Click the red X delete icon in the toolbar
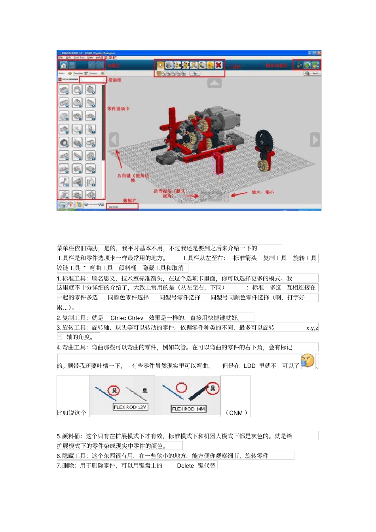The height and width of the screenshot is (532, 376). tap(218, 65)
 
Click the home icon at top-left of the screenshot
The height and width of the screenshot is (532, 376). tap(63, 65)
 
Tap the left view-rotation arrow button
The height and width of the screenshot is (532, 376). tap(114, 140)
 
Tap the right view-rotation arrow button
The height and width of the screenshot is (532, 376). tap(315, 140)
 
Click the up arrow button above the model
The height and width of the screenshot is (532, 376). tap(215, 83)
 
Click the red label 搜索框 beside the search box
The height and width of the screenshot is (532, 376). tap(115, 80)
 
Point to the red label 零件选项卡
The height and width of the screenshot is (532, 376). tap(118, 108)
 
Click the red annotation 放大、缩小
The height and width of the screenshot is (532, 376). tap(262, 192)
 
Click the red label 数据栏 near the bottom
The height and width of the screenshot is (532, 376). tap(129, 201)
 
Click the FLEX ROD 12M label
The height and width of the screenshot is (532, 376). tap(130, 407)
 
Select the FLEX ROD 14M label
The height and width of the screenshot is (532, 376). tap(188, 409)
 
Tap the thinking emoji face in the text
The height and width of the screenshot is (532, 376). tap(307, 361)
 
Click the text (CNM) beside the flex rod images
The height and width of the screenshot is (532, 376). tap(236, 413)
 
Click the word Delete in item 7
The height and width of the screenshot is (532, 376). tap(185, 466)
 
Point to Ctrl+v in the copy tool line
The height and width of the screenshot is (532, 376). tap(136, 318)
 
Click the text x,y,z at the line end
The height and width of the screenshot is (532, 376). tap(312, 328)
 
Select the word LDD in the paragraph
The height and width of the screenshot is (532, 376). tap(249, 366)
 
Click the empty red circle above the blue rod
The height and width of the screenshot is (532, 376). tap(181, 387)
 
